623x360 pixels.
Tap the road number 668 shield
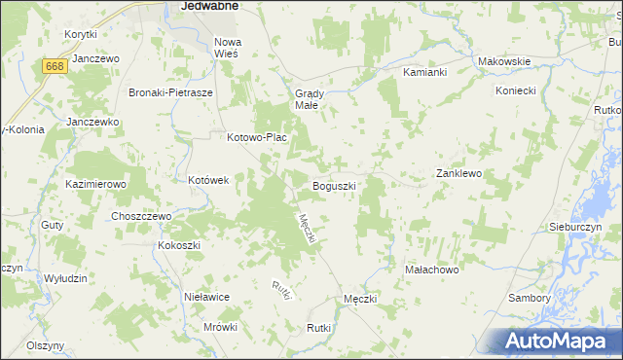point(55,65)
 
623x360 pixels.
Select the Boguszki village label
point(333,185)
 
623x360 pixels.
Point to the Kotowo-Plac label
point(256,138)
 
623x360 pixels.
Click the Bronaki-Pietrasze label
point(170,92)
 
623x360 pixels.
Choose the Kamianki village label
point(424,73)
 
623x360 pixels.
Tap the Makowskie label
point(503,61)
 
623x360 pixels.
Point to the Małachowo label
point(431,268)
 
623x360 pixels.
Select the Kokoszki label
point(179,245)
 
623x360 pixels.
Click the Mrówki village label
point(221,327)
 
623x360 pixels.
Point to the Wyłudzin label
point(66,278)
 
